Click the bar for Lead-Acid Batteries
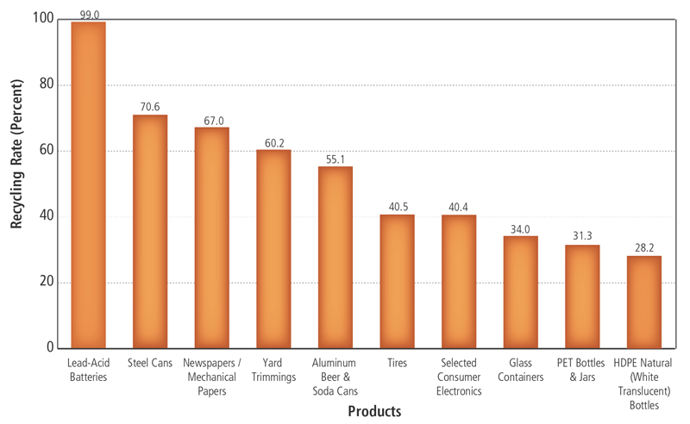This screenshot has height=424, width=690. click(x=88, y=185)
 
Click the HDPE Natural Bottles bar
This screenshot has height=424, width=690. click(x=644, y=302)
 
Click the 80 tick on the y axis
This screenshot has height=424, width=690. click(x=46, y=85)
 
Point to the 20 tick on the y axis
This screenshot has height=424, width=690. click(x=46, y=283)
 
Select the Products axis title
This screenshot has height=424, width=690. click(x=374, y=412)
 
